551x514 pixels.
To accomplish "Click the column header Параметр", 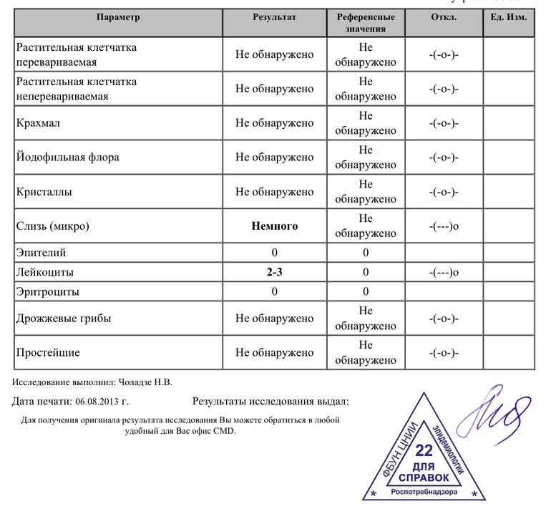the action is click(119, 16).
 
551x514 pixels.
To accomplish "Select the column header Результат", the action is click(274, 16).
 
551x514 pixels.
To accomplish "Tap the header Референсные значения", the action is click(366, 22).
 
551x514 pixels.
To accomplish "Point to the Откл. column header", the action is click(444, 16).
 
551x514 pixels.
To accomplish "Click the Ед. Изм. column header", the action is click(509, 16).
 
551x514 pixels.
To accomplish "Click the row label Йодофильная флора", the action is click(67, 157).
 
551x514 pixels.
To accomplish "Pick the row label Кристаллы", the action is click(44, 192).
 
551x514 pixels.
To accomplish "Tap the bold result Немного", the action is click(274, 226).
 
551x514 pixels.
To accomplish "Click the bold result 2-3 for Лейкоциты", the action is click(274, 273).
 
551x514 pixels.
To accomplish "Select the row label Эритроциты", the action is click(48, 292).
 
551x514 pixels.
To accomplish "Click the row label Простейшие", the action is click(47, 353).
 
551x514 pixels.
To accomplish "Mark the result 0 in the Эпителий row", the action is click(274, 253).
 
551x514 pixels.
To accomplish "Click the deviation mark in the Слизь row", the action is click(444, 226).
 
